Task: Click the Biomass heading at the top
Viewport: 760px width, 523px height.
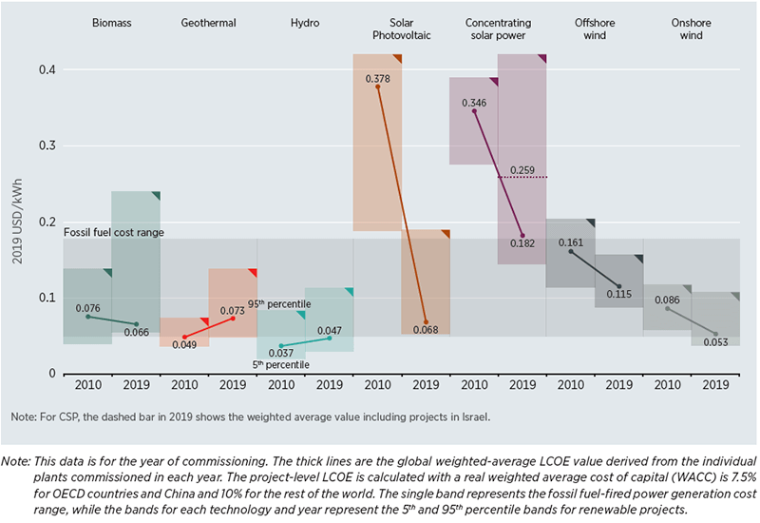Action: (111, 21)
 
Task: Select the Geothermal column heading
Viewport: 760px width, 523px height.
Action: (208, 21)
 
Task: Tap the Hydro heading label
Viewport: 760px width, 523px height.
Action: (305, 21)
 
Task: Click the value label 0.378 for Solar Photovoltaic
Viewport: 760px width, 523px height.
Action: (379, 76)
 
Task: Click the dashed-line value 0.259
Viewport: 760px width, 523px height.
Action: (522, 169)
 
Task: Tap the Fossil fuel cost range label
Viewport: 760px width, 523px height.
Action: (113, 232)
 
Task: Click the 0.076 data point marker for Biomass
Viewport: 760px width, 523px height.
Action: (87, 317)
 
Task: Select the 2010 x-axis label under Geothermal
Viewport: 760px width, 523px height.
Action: (184, 385)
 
